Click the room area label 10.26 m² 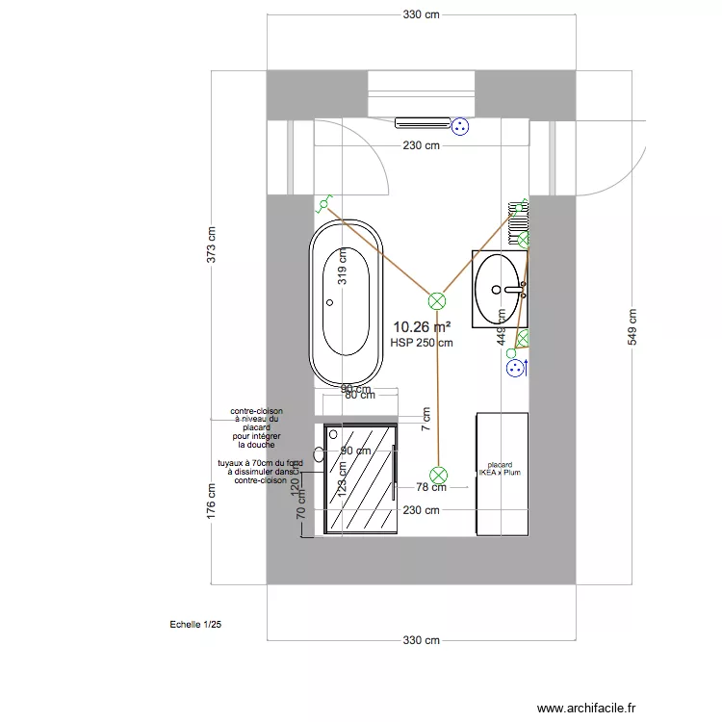pyautogui.click(x=422, y=327)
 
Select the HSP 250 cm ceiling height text pyautogui.click(x=422, y=343)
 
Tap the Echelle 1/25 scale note pyautogui.click(x=194, y=625)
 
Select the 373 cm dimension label pyautogui.click(x=212, y=245)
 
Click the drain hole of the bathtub pyautogui.click(x=330, y=303)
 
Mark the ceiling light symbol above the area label pyautogui.click(x=437, y=300)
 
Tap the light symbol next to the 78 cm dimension pyautogui.click(x=439, y=475)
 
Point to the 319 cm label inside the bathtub pyautogui.click(x=342, y=276)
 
